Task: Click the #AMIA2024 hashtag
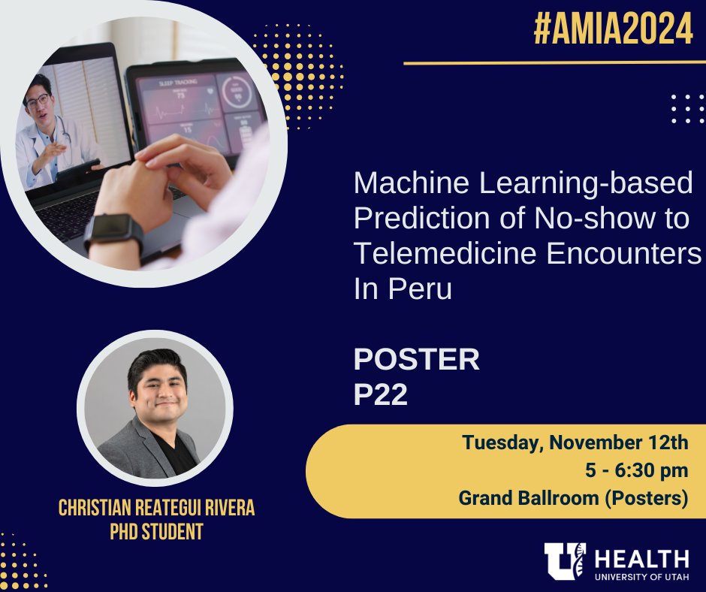pos(612,30)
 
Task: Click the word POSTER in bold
pos(416,360)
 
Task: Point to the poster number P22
pos(380,394)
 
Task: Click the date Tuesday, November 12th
pos(575,442)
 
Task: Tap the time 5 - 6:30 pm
pos(637,470)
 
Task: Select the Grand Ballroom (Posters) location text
pos(574,497)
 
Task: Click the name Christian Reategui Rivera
pos(157,508)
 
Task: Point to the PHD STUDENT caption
pos(157,532)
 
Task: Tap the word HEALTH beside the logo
pos(641,558)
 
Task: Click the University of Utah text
pos(641,576)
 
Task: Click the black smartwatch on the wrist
pos(113,231)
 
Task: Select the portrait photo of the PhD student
pos(155,409)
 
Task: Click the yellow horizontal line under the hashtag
pos(548,63)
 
